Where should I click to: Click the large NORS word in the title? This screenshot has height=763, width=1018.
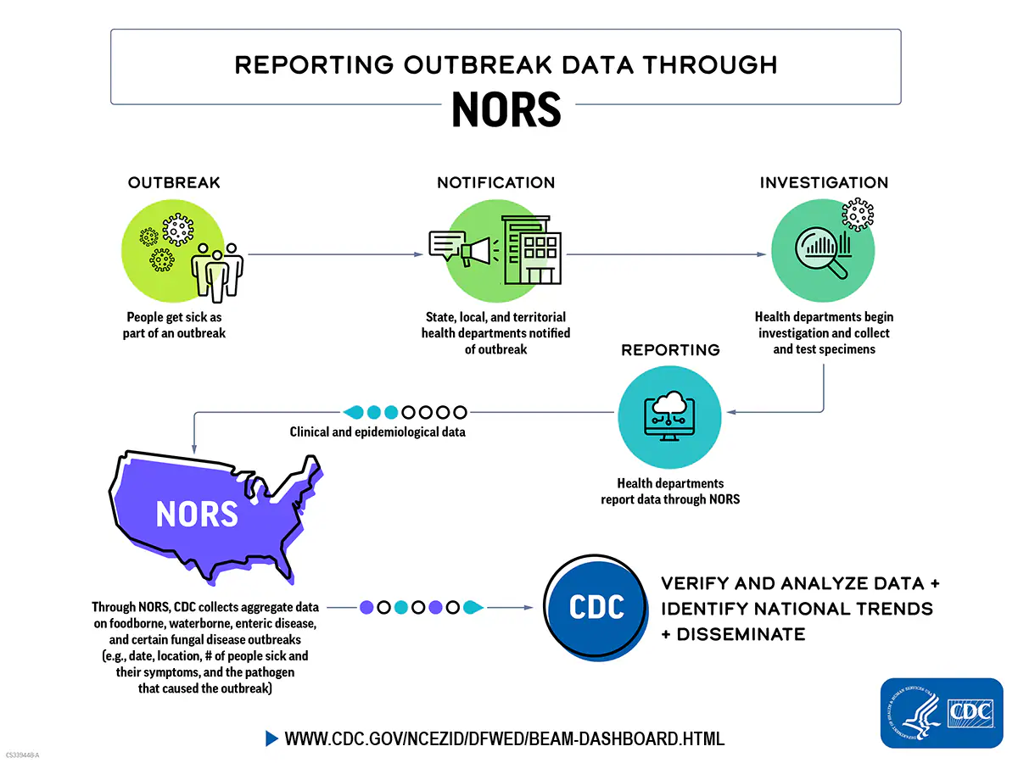click(506, 109)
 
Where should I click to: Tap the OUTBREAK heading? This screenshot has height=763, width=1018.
click(174, 183)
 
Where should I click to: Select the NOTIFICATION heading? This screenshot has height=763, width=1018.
click(495, 183)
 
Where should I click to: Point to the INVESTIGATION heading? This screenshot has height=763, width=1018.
click(824, 183)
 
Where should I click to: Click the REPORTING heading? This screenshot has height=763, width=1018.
click(670, 350)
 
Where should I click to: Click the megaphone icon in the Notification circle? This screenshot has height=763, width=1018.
click(474, 250)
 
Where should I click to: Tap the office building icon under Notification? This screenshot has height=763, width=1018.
click(530, 249)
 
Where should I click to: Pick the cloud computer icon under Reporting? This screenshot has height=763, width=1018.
click(670, 415)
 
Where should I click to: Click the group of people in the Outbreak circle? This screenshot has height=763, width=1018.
click(217, 270)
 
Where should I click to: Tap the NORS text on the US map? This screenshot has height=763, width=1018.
click(197, 514)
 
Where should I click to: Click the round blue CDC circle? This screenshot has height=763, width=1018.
click(596, 607)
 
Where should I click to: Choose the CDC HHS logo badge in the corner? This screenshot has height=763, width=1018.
click(941, 713)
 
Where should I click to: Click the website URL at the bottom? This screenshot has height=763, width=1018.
click(504, 738)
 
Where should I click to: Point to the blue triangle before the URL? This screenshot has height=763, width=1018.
click(271, 738)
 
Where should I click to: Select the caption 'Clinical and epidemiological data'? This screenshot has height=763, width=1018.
click(378, 432)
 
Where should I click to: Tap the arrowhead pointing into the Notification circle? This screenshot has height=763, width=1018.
click(419, 254)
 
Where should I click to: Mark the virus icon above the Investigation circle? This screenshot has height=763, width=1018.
click(859, 214)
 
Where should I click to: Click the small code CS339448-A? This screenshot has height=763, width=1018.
click(23, 755)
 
